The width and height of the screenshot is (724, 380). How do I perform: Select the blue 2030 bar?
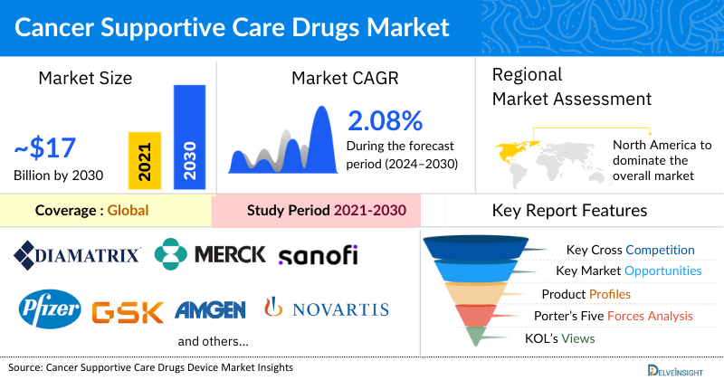click(x=189, y=136)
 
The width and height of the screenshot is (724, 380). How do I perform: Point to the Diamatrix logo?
click(x=78, y=254)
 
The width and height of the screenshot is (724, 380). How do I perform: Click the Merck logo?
click(x=210, y=254)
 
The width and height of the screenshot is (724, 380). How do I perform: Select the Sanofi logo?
click(x=318, y=255)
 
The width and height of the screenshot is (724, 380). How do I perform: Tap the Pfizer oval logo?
click(x=51, y=309)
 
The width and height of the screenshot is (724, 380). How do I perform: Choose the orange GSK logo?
click(x=128, y=311)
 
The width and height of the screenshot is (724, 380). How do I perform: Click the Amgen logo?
click(x=210, y=310)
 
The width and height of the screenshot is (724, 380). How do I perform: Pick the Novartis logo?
click(x=327, y=309)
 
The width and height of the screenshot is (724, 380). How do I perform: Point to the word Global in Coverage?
click(x=128, y=211)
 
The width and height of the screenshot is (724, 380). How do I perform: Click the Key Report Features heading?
click(x=569, y=211)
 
